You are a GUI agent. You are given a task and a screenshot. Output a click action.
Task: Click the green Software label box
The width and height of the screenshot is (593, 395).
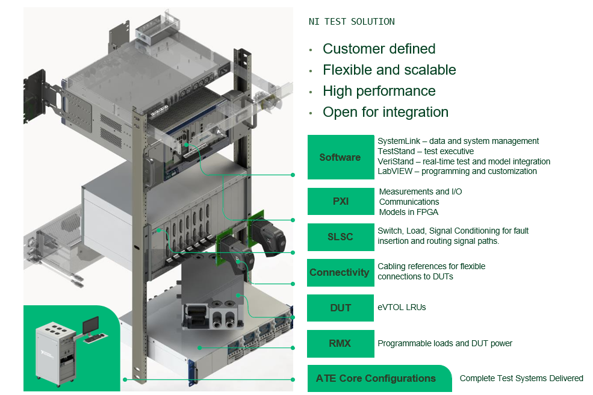click(340, 157)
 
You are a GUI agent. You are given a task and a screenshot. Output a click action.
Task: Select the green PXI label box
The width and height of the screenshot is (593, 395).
click(340, 202)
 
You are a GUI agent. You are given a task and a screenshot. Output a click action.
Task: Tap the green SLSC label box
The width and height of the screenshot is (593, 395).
click(340, 237)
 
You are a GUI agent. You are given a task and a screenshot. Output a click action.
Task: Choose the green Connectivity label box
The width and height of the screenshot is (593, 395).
click(340, 272)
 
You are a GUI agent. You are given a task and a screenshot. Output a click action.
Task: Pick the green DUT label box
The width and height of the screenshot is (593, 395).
click(340, 308)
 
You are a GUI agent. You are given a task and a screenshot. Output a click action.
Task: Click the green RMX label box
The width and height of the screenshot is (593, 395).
click(340, 343)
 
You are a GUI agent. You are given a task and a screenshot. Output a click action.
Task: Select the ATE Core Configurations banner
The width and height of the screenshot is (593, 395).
click(376, 379)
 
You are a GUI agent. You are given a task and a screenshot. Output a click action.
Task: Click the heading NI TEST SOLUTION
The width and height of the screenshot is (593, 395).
click(352, 22)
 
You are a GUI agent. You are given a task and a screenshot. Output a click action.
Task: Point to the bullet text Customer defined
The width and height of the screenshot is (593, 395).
click(379, 49)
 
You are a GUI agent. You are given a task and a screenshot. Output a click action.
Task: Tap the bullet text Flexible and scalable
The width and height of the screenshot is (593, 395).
click(389, 70)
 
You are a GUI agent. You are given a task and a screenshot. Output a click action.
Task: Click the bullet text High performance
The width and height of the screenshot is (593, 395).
click(379, 91)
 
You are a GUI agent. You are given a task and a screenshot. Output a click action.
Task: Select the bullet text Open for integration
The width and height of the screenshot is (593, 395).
click(385, 112)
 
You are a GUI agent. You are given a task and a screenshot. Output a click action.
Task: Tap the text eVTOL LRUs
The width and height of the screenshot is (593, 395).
click(402, 308)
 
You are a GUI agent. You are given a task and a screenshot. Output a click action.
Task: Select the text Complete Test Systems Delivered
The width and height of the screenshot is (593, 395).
click(521, 379)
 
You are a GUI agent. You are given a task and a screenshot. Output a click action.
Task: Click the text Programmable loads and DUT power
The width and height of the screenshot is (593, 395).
click(445, 343)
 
